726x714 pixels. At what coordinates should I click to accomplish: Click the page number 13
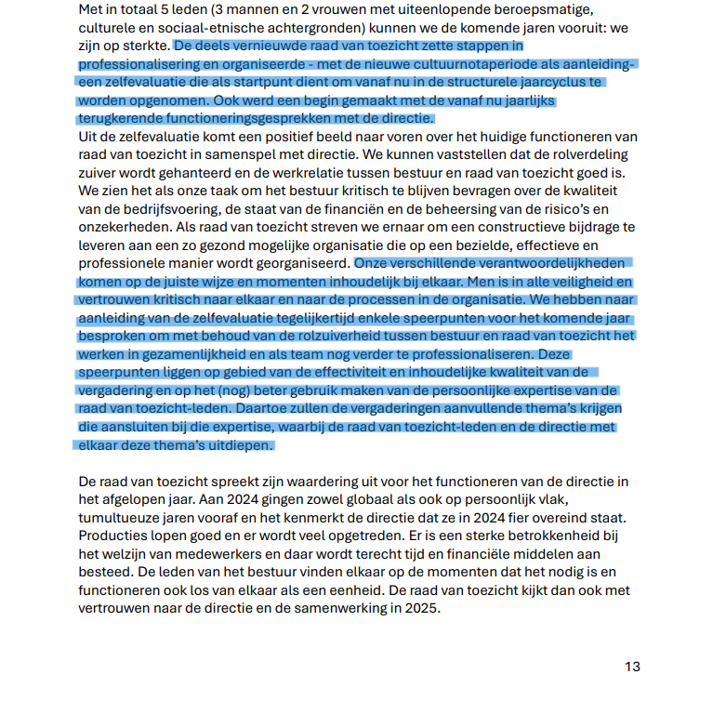[632, 667]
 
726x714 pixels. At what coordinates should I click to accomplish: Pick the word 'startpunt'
[271, 82]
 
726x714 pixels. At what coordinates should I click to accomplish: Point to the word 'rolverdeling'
[586, 154]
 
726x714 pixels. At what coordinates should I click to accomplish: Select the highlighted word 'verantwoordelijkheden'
[558, 263]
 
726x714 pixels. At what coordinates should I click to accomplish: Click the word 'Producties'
[113, 535]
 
